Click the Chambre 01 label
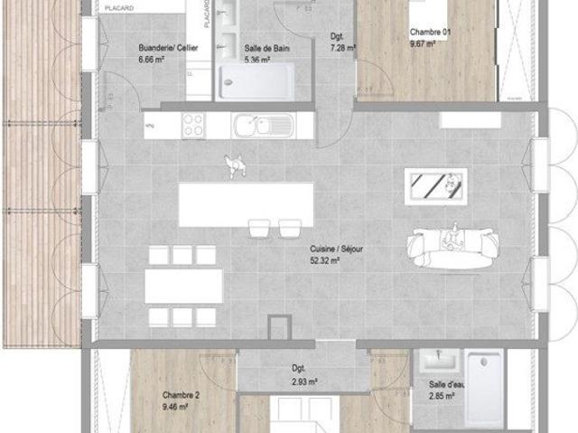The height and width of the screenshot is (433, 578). coord(430,32)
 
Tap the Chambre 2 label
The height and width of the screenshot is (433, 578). coord(181,396)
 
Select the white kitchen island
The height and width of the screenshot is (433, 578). coord(246,204)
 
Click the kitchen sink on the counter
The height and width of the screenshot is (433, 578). coord(258,126)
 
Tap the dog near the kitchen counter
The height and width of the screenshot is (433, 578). coord(236,165)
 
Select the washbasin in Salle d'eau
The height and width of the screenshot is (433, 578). coord(439,363)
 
